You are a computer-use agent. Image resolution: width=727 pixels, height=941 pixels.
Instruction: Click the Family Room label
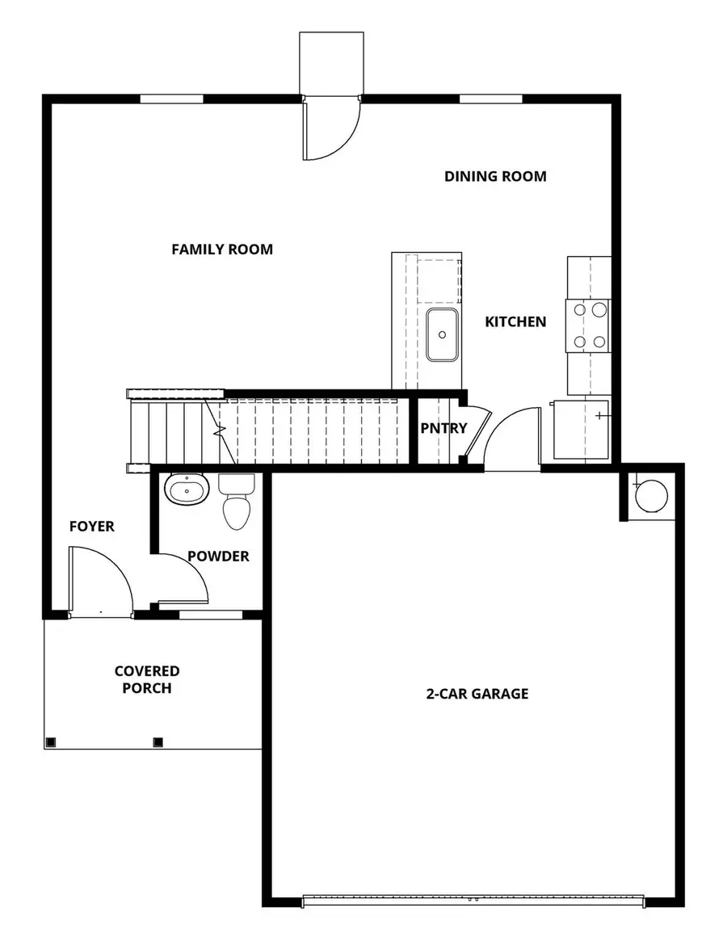coord(222,250)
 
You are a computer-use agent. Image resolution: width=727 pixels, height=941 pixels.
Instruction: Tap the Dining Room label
coord(495,176)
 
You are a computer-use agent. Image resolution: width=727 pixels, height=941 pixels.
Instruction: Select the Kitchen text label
coord(515,321)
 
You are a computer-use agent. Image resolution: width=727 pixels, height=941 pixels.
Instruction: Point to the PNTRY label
coord(443,428)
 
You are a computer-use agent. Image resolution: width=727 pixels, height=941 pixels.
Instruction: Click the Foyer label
coord(91,527)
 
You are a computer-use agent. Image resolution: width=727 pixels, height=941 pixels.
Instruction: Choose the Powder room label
coord(218,557)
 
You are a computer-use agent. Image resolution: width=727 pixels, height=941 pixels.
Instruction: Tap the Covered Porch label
coord(147,679)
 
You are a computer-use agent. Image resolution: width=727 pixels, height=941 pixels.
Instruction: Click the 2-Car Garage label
coord(477,693)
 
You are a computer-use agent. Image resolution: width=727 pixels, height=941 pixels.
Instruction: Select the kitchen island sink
coord(443,334)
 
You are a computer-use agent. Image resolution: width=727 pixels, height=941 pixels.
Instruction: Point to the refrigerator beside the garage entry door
coord(580,428)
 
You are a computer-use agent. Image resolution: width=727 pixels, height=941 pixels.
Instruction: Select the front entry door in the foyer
coord(99,582)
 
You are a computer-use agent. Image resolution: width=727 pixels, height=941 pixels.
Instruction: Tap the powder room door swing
coord(184,580)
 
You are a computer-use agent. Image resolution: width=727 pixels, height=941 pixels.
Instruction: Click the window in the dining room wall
coord(491,99)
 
